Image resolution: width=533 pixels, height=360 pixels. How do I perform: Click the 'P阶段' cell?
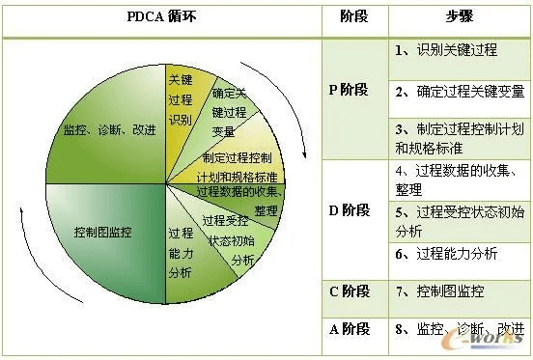350,90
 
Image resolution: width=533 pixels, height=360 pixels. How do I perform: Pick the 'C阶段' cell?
350,290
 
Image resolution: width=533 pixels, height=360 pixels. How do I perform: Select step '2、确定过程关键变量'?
459,92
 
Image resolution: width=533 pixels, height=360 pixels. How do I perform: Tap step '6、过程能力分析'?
446,254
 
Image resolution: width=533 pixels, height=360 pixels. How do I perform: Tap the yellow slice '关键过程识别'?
181,100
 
